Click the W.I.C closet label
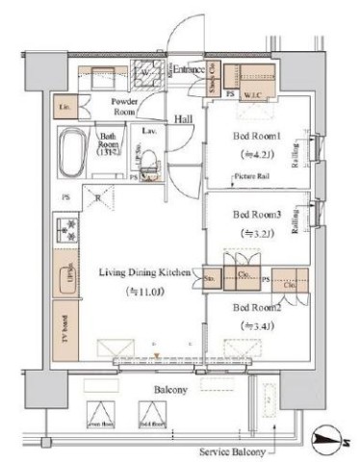pos(254,94)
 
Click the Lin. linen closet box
pos(65,108)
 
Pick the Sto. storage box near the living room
pos(211,280)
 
